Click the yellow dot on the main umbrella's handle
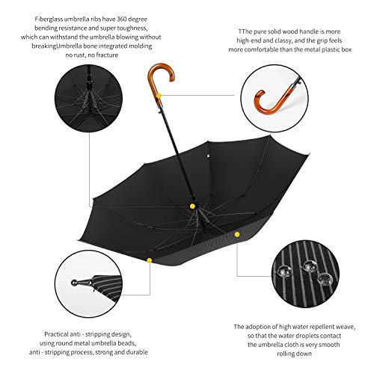tap(160, 95)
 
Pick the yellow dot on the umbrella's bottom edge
tap(149, 260)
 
